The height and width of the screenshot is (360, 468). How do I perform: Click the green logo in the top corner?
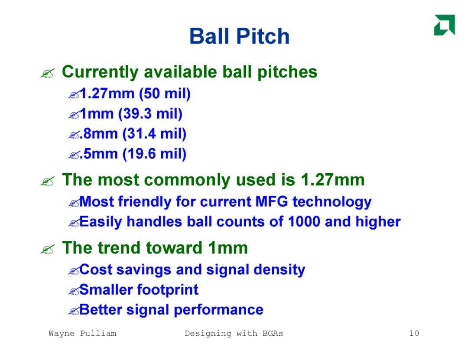point(445,25)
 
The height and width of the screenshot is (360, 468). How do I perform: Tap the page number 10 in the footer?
point(414,333)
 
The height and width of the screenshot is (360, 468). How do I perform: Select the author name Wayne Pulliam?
point(82,334)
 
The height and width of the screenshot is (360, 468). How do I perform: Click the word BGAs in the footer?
point(273,333)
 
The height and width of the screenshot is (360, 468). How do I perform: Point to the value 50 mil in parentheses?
point(165,94)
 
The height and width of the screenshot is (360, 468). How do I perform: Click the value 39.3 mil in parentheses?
point(150,114)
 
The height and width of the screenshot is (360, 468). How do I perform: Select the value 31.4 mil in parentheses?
point(154,134)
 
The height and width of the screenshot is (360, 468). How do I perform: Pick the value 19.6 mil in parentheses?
point(154,154)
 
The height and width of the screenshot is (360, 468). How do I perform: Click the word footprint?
point(168,290)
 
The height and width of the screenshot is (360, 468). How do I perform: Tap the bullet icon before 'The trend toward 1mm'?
point(48,249)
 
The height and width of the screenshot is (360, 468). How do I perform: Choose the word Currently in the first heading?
point(100,72)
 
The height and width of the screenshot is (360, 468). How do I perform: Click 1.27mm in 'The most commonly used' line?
point(332,180)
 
